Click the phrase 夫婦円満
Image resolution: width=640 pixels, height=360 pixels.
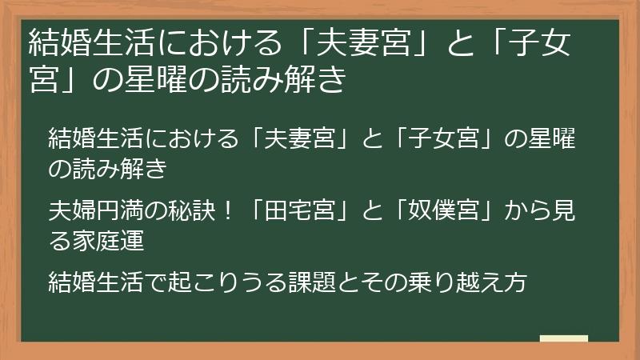tap(90, 212)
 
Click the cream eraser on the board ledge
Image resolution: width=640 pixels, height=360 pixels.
tap(563, 338)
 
